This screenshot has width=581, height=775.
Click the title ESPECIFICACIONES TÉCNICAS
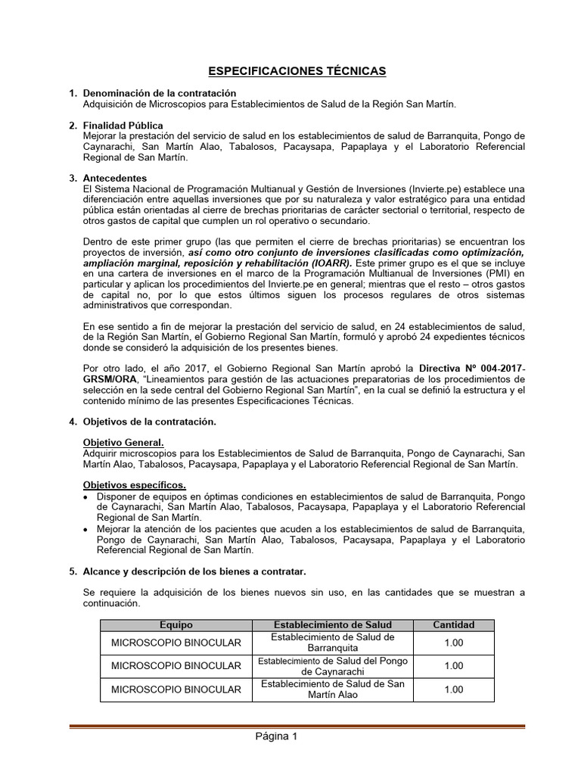click(x=297, y=71)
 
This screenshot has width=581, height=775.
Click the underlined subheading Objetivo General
click(x=123, y=442)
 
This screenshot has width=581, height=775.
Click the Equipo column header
click(x=176, y=625)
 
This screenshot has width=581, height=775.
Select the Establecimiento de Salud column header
click(x=332, y=625)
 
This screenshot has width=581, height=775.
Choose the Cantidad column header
click(x=453, y=625)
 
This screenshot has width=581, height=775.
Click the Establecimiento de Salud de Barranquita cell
click(x=332, y=643)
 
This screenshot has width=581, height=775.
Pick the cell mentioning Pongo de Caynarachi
click(x=332, y=666)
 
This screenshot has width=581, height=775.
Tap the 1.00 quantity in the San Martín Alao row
click(x=453, y=689)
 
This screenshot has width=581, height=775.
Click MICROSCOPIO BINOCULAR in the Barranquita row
click(x=176, y=643)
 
